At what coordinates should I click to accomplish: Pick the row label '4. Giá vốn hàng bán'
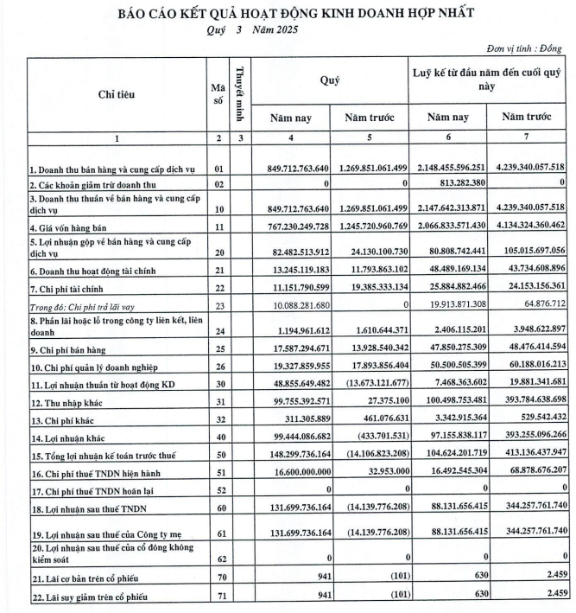click(73, 227)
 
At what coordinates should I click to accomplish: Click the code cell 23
click(218, 305)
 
